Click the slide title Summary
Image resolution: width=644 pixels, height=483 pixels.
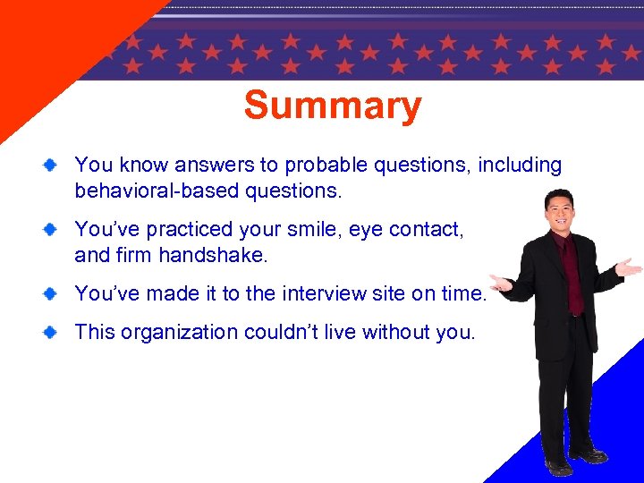(332, 106)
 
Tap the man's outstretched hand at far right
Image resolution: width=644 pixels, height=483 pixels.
(630, 267)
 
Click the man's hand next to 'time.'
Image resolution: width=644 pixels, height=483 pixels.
(502, 284)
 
